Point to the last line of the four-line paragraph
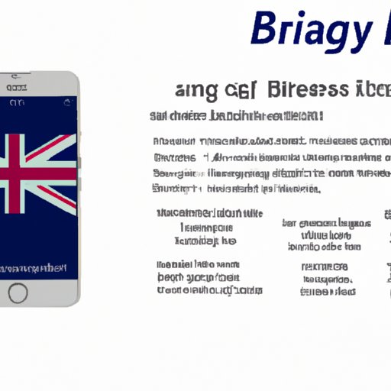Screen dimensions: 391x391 coord(237,189)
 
